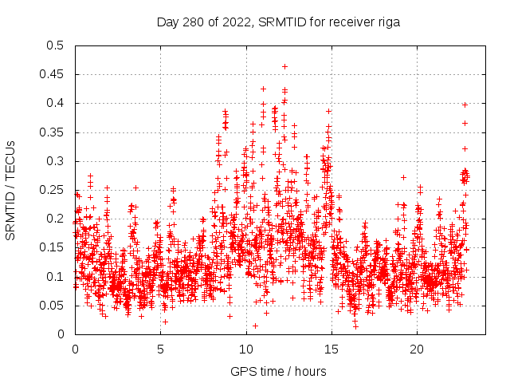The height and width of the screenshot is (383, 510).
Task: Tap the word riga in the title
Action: (387, 22)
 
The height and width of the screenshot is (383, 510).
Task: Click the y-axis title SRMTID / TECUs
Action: (10, 190)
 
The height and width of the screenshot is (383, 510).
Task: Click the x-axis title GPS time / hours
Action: (278, 371)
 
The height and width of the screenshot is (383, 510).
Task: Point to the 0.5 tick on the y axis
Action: (56, 45)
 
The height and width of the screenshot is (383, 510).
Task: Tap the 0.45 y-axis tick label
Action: (53, 74)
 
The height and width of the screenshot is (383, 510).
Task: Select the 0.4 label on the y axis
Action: (56, 103)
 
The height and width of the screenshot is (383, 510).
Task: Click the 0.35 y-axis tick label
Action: (53, 132)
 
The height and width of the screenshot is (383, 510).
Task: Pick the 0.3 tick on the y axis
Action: (56, 161)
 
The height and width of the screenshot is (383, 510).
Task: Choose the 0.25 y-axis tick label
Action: (53, 190)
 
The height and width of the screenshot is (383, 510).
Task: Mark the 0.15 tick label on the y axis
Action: (53, 247)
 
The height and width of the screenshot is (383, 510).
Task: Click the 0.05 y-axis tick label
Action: (53, 306)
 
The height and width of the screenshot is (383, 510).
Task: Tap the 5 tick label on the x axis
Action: (160, 349)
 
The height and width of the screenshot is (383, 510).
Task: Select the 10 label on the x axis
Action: (245, 349)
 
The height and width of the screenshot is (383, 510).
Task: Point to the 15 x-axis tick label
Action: (331, 349)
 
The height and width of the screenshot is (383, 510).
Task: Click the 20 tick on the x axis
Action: (417, 349)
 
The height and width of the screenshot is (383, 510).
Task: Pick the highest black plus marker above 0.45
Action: (284, 66)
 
